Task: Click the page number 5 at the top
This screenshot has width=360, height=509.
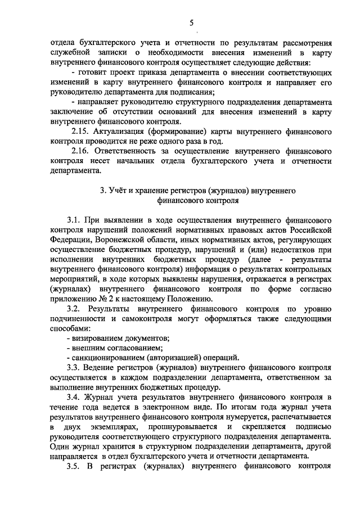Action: (191, 22)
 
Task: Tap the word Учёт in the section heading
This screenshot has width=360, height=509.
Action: (119, 191)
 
